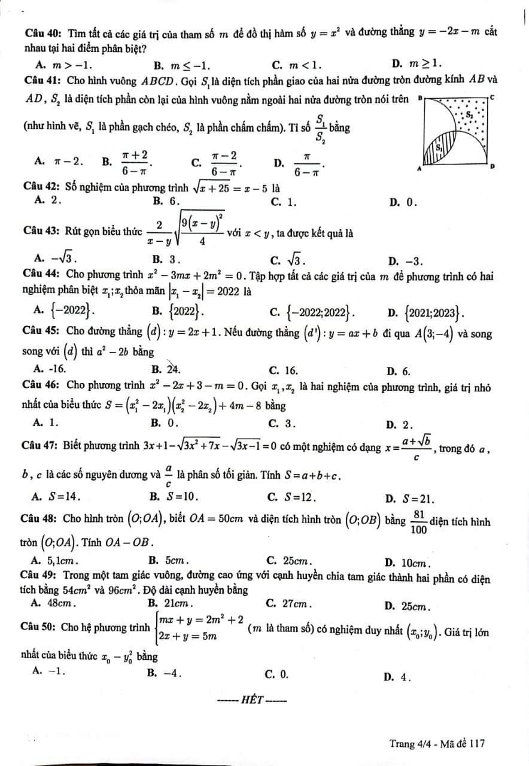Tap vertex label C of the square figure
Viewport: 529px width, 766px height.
coord(492,96)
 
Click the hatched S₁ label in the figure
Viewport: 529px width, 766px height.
coord(439,146)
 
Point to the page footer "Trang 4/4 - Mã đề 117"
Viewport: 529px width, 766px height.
coord(436,744)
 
